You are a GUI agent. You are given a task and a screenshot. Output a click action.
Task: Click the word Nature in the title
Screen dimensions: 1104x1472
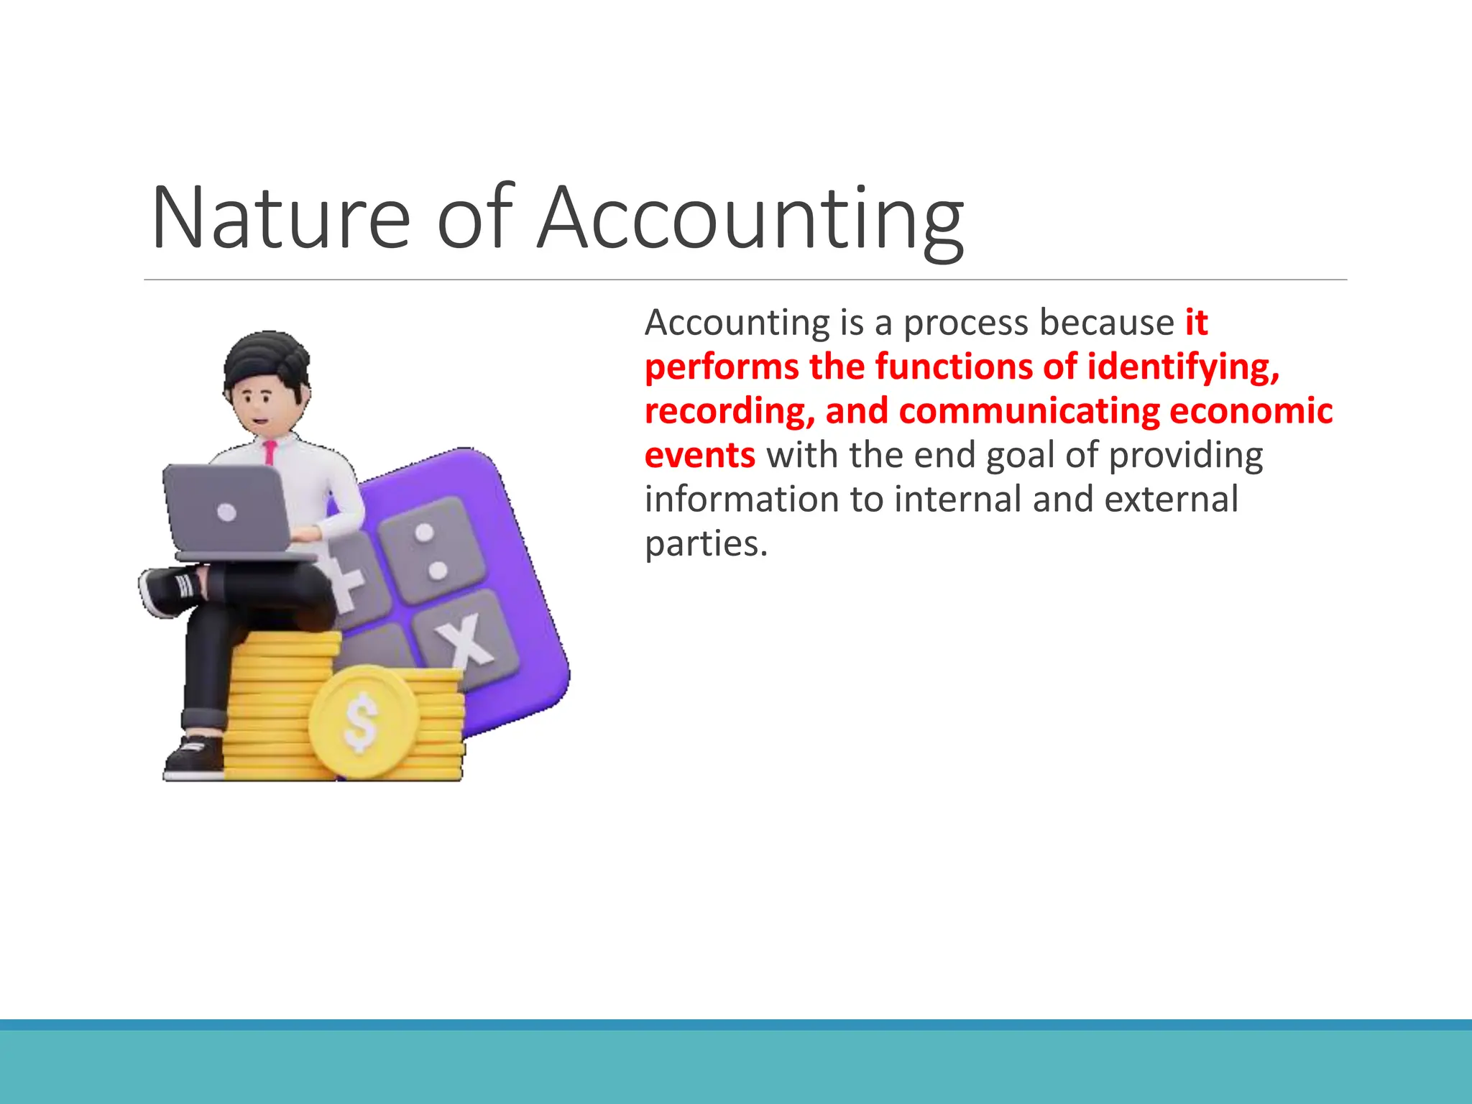tap(280, 218)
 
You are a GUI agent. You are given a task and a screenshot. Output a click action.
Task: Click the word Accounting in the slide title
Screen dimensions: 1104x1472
tap(750, 218)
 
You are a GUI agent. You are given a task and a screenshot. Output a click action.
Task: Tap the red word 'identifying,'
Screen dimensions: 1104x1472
tap(1183, 367)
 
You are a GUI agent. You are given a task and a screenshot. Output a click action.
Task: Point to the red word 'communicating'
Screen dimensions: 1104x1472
tap(1029, 411)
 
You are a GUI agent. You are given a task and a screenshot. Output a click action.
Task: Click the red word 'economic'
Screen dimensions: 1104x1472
tap(1251, 411)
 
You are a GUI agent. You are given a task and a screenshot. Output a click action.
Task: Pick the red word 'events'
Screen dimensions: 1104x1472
tap(699, 455)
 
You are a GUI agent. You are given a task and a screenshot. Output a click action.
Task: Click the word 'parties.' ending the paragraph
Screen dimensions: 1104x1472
tap(706, 543)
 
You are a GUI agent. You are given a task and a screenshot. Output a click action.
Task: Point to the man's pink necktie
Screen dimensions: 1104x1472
tap(270, 454)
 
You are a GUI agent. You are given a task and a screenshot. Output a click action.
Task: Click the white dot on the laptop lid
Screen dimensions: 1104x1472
tap(226, 512)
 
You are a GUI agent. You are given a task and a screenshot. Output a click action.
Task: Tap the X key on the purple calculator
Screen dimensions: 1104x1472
tap(464, 639)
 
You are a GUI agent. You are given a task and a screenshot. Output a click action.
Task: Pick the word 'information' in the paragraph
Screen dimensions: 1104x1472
tap(741, 500)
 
